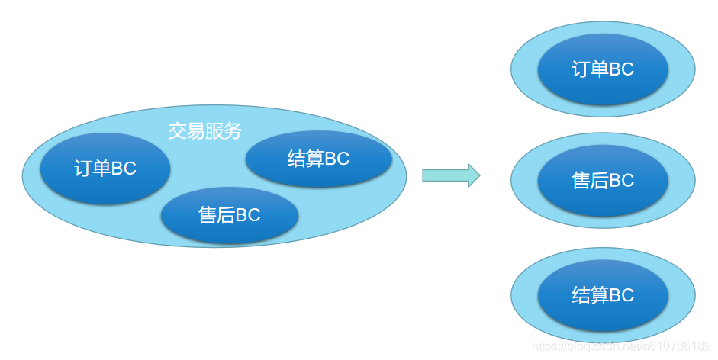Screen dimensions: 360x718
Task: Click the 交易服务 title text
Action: tap(204, 131)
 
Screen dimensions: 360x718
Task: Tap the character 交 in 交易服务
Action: tap(177, 131)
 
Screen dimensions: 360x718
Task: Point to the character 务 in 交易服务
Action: tap(233, 131)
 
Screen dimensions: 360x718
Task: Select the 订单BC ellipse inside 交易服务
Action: tap(105, 169)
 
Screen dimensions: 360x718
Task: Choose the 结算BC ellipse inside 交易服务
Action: tap(318, 159)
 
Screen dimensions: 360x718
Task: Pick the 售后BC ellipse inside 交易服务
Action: tap(229, 216)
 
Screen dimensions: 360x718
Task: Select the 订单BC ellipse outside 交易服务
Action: tap(603, 70)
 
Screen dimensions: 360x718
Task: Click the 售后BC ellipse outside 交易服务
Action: tap(603, 181)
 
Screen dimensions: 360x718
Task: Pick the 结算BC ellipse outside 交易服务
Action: tap(603, 295)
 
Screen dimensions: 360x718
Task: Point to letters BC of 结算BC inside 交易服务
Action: tap(336, 159)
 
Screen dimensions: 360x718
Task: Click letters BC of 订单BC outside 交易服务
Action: tap(621, 70)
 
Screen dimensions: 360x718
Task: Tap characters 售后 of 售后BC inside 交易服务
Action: tap(216, 216)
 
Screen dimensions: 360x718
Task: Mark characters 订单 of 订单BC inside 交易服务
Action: tap(92, 169)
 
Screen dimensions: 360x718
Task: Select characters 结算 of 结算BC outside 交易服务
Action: tap(590, 295)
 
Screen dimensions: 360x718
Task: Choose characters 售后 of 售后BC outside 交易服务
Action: tap(590, 181)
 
